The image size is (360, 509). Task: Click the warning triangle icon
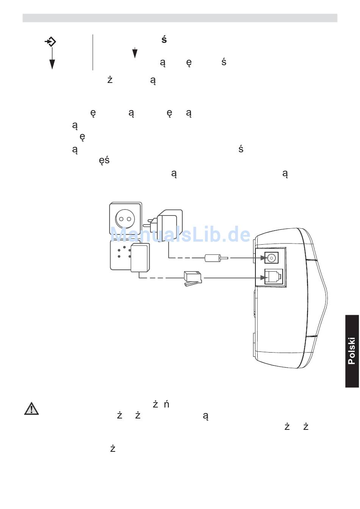(x=31, y=409)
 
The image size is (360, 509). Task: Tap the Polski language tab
(x=352, y=351)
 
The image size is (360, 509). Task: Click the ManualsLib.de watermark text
(x=180, y=235)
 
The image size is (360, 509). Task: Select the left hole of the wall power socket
(x=122, y=219)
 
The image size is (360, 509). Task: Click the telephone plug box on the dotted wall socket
(x=140, y=258)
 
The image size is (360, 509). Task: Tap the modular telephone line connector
(x=192, y=278)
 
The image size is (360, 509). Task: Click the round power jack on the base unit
(x=271, y=258)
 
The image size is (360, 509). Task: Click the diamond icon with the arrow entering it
(x=50, y=41)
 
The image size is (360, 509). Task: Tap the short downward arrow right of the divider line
(x=135, y=53)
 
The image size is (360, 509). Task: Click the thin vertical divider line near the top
(x=93, y=52)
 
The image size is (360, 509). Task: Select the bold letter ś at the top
(x=164, y=39)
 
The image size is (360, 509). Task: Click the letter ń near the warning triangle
(x=166, y=404)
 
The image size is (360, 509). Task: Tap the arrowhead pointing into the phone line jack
(x=266, y=278)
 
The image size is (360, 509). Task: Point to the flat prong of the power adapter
(x=147, y=225)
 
